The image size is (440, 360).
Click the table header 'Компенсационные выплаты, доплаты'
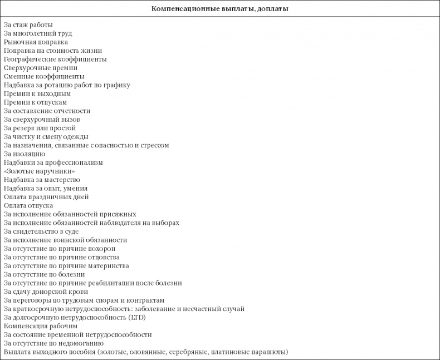point(219,9)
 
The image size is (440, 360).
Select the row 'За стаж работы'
point(28,25)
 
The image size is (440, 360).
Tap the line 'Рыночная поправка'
point(36,42)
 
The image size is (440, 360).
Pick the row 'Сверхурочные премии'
point(40,67)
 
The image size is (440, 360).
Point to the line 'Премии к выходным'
point(37,93)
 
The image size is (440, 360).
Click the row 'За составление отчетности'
point(47,111)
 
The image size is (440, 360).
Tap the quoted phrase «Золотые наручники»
point(39,171)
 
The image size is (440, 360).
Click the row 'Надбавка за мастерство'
point(42,180)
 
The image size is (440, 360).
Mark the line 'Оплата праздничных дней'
point(46,197)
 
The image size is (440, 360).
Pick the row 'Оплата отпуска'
point(28,205)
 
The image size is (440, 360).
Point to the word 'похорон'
point(101,248)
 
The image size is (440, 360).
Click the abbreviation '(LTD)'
point(139,317)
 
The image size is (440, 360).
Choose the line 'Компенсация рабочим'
point(41,326)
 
